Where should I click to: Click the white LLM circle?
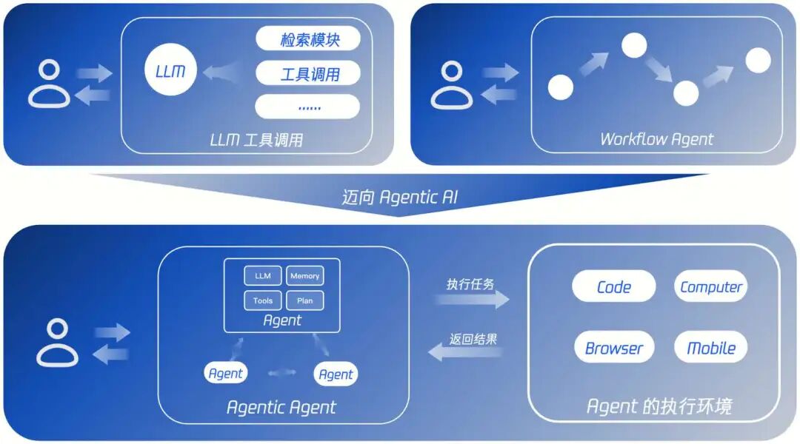pyautogui.click(x=170, y=71)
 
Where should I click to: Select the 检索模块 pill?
pyautogui.click(x=308, y=39)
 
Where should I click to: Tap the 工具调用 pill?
pyautogui.click(x=308, y=73)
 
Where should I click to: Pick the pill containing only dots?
pyautogui.click(x=308, y=107)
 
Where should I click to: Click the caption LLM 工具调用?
pyautogui.click(x=256, y=139)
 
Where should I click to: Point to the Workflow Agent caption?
pyautogui.click(x=656, y=138)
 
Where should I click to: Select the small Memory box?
pyautogui.click(x=304, y=276)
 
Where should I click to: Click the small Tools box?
pyautogui.click(x=263, y=300)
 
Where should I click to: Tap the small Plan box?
pyautogui.click(x=304, y=300)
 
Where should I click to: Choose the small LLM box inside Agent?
pyautogui.click(x=263, y=276)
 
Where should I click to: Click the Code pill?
pyautogui.click(x=613, y=287)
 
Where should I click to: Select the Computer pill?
pyautogui.click(x=711, y=287)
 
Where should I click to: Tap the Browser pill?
pyautogui.click(x=613, y=348)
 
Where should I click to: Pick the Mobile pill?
pyautogui.click(x=711, y=348)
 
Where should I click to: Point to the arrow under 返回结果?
pyautogui.click(x=467, y=352)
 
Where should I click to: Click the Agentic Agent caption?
pyautogui.click(x=281, y=407)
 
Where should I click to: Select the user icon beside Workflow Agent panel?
pyautogui.click(x=452, y=85)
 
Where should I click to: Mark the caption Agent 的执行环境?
pyautogui.click(x=659, y=406)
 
